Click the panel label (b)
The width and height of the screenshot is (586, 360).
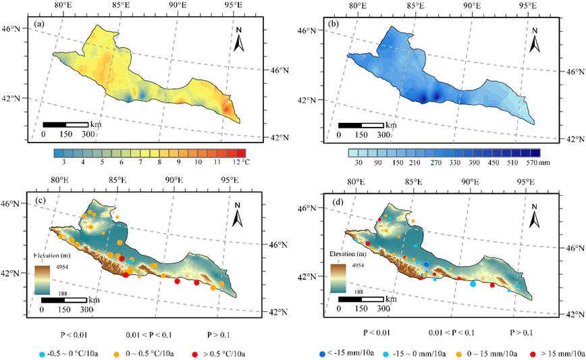(332, 26)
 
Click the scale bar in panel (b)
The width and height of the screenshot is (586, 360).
(361, 125)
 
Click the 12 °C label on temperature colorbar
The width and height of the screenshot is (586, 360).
(234, 163)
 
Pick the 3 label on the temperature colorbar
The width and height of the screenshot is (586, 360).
(62, 163)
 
